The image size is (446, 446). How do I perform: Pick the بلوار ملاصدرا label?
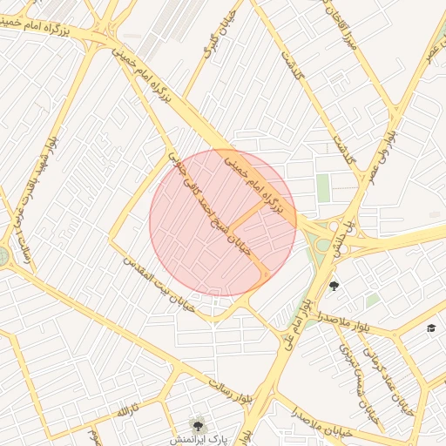click(x=343, y=320)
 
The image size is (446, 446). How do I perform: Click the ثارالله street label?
click(x=128, y=409)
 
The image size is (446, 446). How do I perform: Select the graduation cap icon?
click(x=430, y=328)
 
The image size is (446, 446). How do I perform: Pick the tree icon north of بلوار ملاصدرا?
click(x=334, y=286)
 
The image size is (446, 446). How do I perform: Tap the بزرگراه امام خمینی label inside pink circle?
click(x=252, y=183)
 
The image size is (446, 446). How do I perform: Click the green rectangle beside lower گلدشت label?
click(x=323, y=186)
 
